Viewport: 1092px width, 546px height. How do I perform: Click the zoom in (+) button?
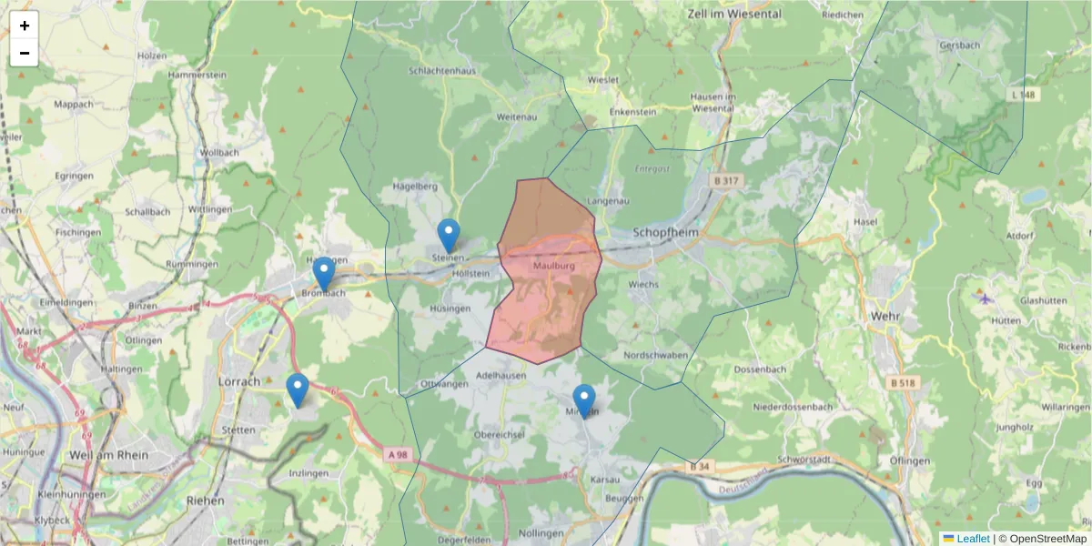coord(25,25)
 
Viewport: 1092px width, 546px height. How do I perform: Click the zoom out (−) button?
coord(25,53)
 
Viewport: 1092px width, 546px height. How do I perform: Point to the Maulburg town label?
coord(554,267)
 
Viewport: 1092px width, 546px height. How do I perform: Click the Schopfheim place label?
coord(668,232)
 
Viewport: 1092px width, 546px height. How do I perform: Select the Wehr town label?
coord(884,315)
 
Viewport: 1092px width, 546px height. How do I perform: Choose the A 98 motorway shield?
coord(396,453)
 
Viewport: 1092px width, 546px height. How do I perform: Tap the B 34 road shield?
coord(699,467)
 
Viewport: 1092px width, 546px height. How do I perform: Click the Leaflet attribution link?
coord(972,539)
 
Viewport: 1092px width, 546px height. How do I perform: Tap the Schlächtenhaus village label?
coord(442,70)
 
